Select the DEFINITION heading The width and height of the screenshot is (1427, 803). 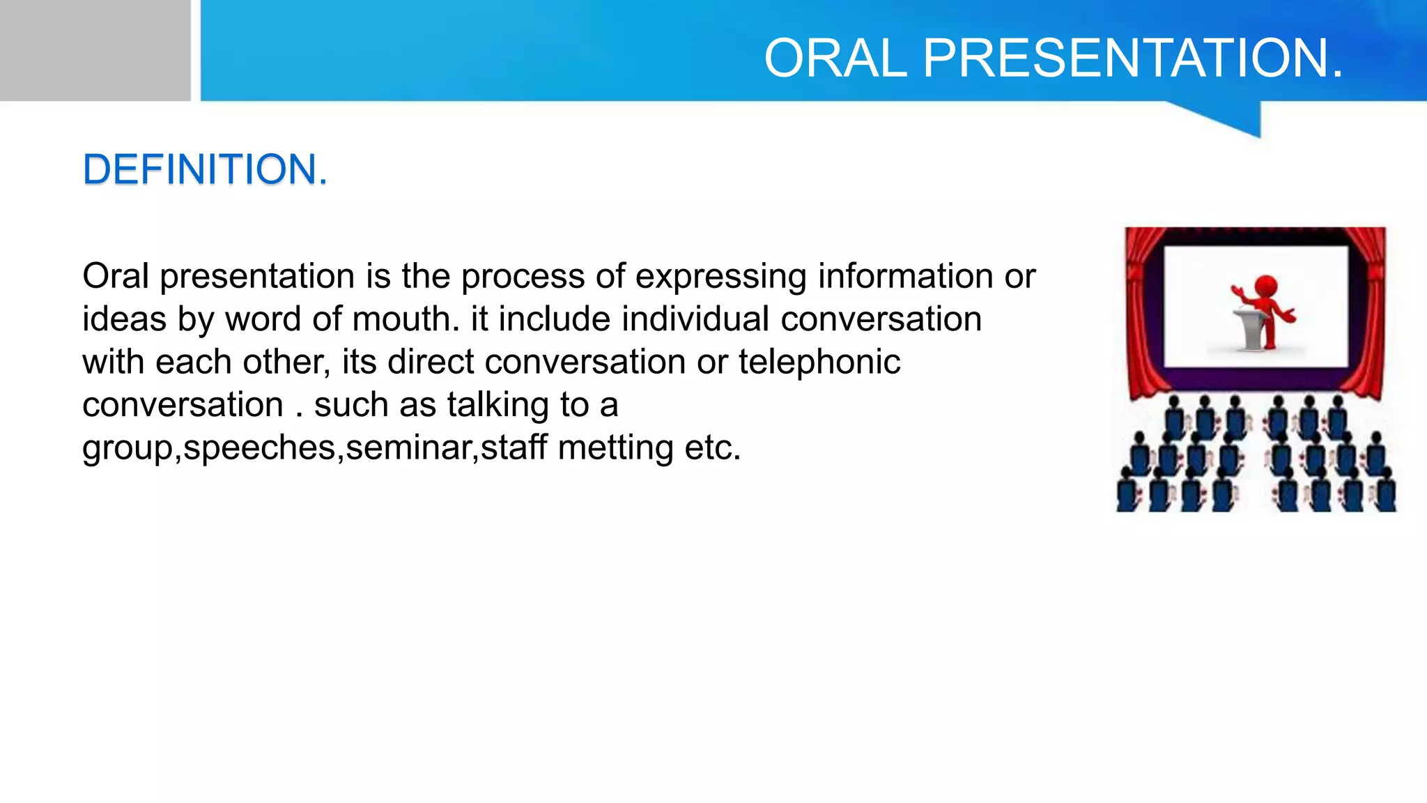[204, 169]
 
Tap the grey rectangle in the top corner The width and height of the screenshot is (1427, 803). [95, 50]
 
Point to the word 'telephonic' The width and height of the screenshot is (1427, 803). [819, 362]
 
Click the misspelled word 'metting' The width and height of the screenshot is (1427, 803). [615, 448]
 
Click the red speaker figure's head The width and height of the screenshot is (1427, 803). [1265, 286]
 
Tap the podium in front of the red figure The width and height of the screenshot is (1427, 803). [1249, 328]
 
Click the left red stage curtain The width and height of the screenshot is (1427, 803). [1143, 314]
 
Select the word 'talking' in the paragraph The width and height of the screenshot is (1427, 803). [498, 405]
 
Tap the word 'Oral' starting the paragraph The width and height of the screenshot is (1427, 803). [116, 276]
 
